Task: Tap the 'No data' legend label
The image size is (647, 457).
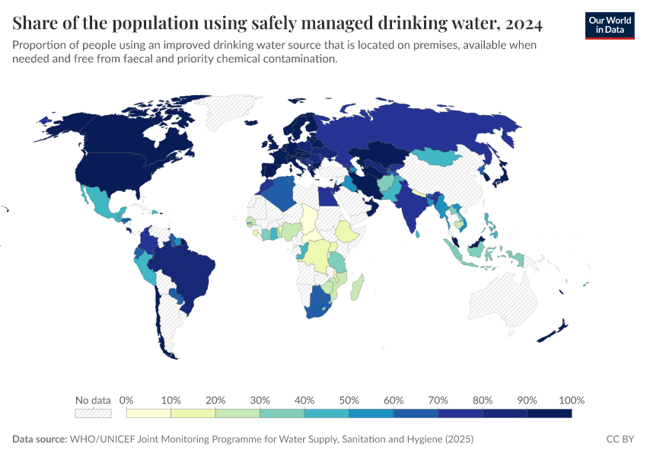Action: point(93,400)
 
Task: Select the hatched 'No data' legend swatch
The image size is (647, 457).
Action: point(93,413)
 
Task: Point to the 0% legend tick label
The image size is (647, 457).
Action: point(127,400)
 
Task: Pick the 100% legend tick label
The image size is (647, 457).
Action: point(571,400)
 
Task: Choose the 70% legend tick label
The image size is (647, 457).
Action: point(438,400)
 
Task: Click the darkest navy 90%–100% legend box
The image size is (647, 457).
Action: point(550,413)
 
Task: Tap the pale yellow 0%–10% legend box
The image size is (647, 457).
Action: point(149,413)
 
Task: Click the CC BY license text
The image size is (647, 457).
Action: point(620,439)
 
